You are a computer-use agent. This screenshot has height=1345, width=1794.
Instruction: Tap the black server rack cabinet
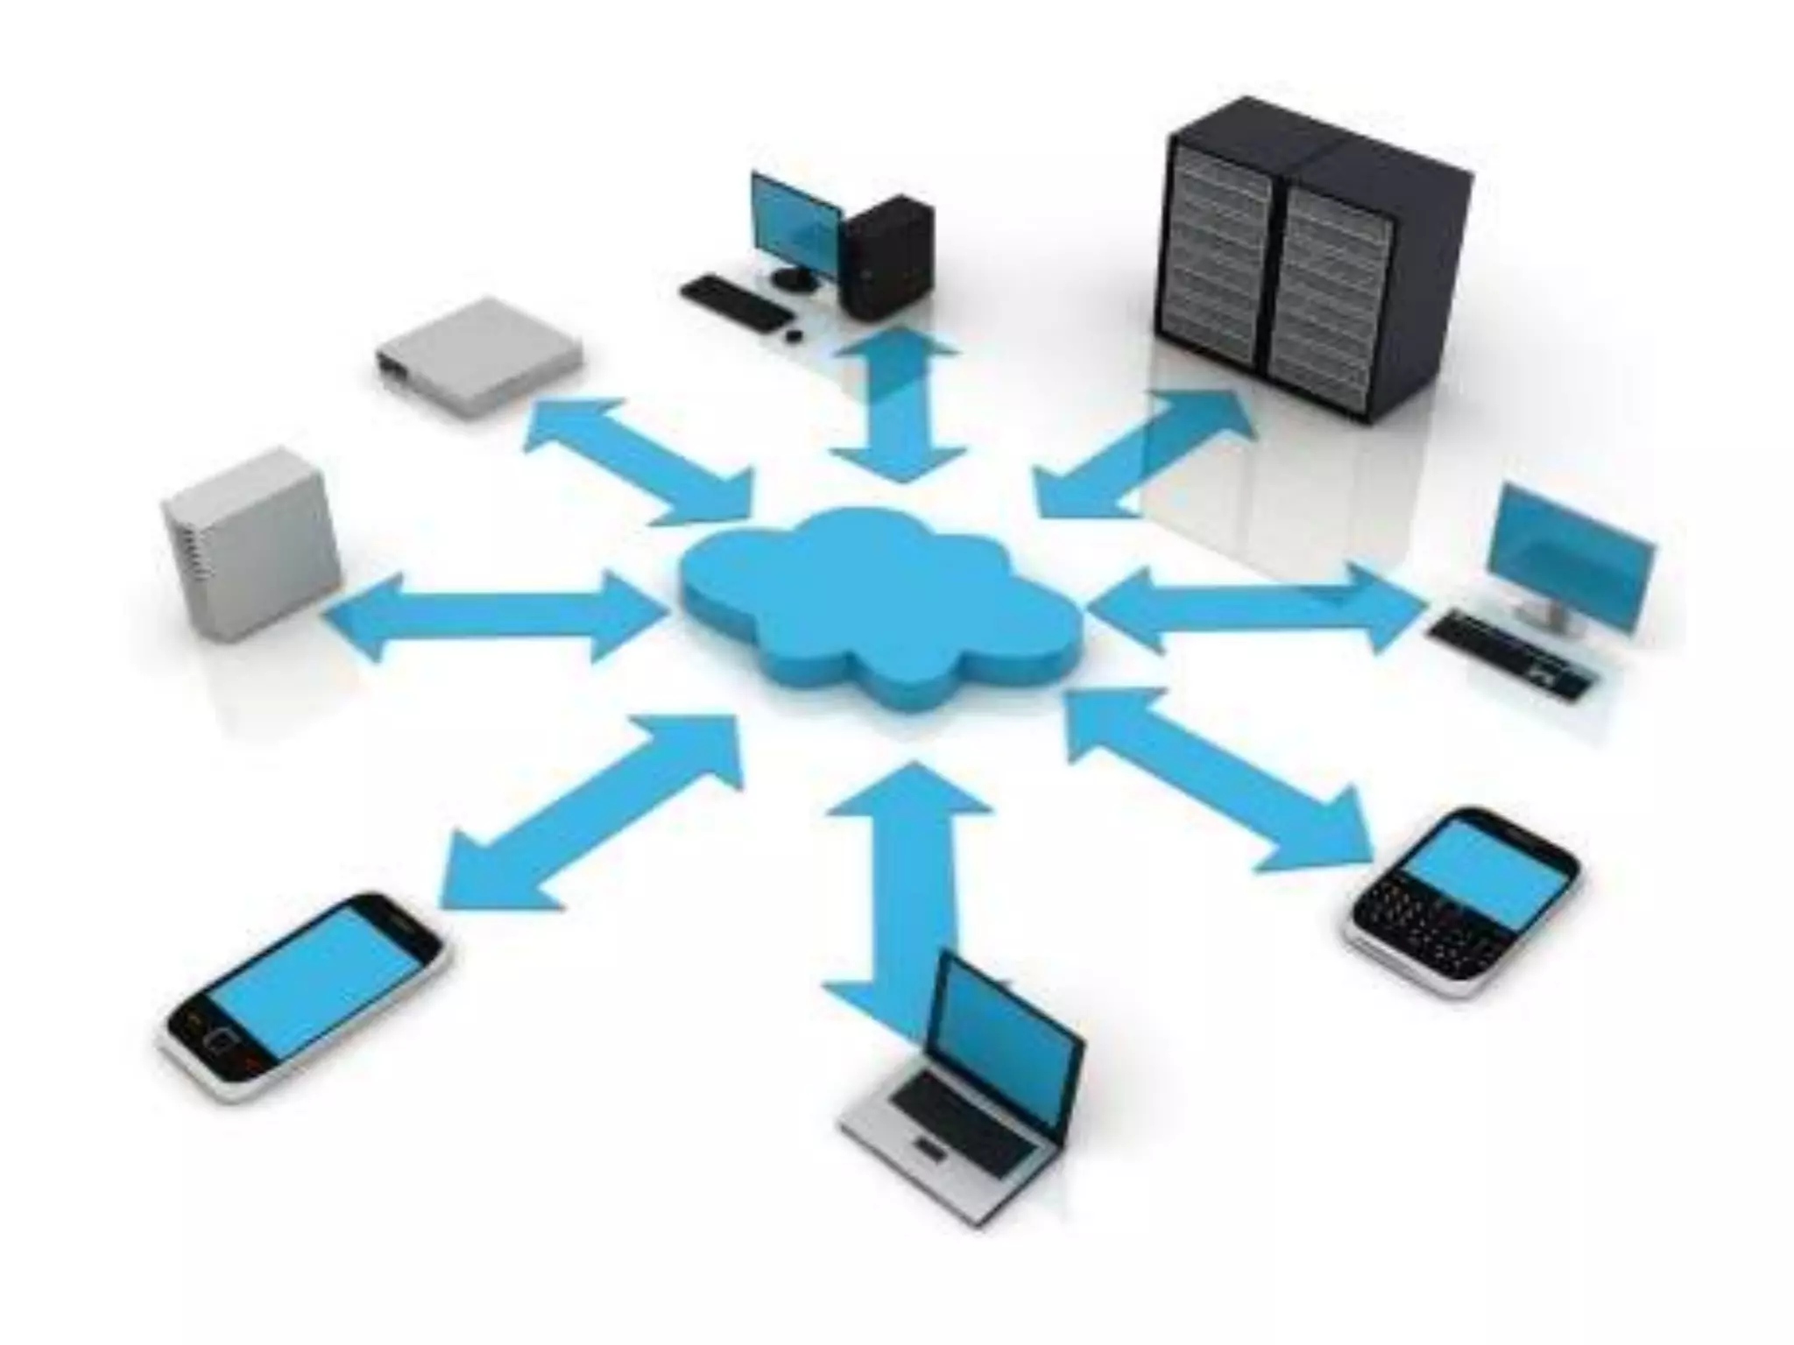1314,263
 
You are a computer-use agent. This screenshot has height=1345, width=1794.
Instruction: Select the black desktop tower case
886,258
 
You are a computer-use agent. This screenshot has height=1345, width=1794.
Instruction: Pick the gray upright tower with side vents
250,543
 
